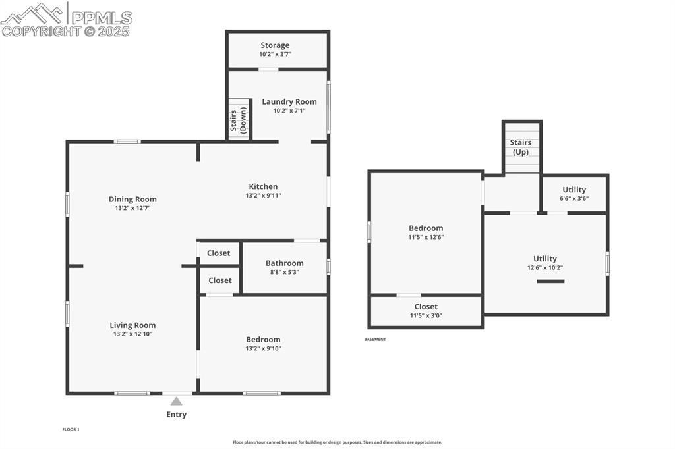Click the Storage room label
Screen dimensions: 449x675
tap(274, 45)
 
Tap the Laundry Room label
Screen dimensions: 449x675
tap(289, 102)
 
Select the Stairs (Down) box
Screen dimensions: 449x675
tap(239, 119)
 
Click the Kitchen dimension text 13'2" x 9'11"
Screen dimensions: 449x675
tap(263, 196)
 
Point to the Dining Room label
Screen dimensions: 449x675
tap(132, 199)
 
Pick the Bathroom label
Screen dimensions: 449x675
tap(284, 263)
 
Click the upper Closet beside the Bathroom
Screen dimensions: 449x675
tap(219, 253)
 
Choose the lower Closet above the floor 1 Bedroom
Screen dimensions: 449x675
tap(220, 280)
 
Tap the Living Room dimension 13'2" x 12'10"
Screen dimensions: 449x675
tap(132, 334)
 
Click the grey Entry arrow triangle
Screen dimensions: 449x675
tap(176, 400)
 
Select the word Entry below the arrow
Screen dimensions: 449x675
tap(176, 415)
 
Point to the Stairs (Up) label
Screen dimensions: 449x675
tap(520, 147)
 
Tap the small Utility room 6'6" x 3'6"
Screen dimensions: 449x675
tap(573, 194)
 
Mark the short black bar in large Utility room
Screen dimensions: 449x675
tap(550, 282)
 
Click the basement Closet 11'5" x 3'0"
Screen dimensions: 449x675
tap(426, 311)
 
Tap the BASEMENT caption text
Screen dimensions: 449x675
tap(375, 340)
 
